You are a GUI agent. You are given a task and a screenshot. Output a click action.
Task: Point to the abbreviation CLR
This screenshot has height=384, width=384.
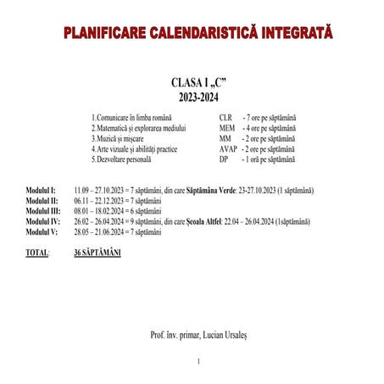(x=225, y=117)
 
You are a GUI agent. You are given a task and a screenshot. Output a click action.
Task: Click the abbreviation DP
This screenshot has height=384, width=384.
(x=223, y=158)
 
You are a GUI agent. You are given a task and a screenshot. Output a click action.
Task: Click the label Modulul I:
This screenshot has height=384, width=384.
(x=41, y=190)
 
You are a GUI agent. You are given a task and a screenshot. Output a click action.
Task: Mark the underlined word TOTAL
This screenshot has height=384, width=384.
(x=36, y=253)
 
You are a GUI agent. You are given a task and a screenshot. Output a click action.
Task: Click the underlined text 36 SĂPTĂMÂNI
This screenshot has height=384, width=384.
(x=97, y=253)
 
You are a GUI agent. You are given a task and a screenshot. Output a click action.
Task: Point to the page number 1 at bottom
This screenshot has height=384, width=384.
(x=198, y=362)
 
